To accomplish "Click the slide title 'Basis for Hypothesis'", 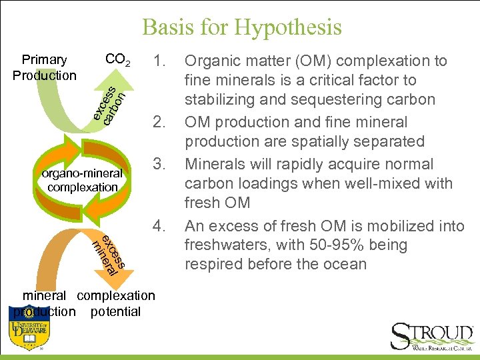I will pyautogui.click(x=241, y=27).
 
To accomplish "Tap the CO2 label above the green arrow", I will pyautogui.click(x=118, y=60).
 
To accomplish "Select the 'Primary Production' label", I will pyautogui.click(x=45, y=67).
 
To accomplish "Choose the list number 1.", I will pyautogui.click(x=159, y=61).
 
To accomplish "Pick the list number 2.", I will pyautogui.click(x=159, y=122).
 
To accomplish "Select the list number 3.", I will pyautogui.click(x=159, y=163).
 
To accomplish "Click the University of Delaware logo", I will pyautogui.click(x=29, y=333).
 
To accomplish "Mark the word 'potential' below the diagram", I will pyautogui.click(x=115, y=311).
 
